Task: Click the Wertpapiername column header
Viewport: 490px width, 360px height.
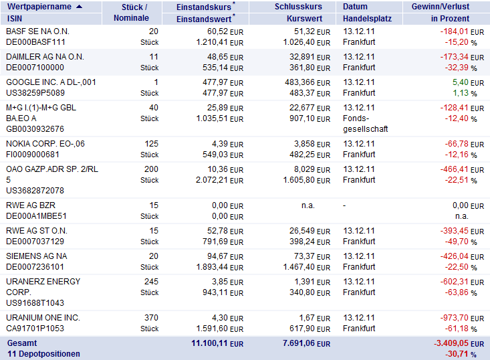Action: coord(39,7)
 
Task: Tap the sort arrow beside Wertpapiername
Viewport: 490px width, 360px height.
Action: coord(80,7)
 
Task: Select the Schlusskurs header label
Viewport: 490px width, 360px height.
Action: coord(298,7)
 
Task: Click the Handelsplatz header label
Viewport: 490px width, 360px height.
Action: coord(367,19)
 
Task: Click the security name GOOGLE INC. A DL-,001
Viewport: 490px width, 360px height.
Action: coord(51,82)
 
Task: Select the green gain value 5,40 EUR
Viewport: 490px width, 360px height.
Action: coord(468,82)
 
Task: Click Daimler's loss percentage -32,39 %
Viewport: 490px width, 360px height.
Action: coord(461,68)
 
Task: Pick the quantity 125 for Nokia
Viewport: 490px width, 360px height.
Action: coord(151,144)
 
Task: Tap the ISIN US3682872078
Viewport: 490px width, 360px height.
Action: coord(35,191)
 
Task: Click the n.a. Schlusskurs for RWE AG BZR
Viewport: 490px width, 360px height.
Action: coord(308,205)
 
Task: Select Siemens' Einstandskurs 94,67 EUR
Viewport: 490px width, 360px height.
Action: coord(225,256)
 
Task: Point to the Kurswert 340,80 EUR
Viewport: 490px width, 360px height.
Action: coord(310,292)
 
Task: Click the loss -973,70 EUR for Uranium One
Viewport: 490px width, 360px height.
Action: coord(462,318)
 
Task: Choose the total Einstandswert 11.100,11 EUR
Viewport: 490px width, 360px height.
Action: coord(217,343)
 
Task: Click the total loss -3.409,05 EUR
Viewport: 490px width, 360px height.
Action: coord(459,343)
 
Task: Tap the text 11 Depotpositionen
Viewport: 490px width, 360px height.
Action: coord(43,354)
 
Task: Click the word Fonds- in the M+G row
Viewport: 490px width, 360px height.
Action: coord(356,118)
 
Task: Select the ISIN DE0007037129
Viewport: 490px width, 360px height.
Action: coord(35,242)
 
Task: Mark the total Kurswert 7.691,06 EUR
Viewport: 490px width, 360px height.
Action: coord(307,343)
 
